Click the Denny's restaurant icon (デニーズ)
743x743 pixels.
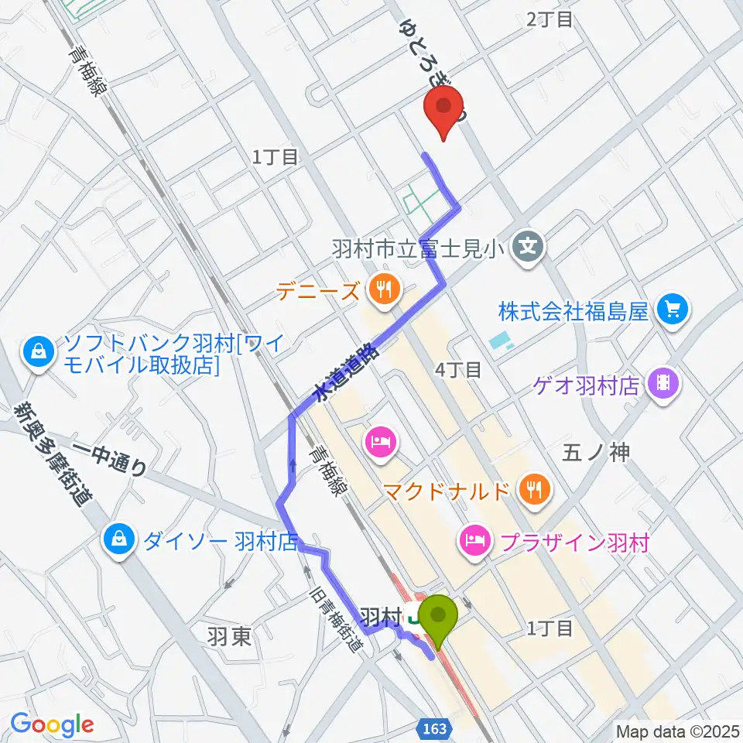pyautogui.click(x=382, y=291)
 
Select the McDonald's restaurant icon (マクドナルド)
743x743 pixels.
pyautogui.click(x=534, y=489)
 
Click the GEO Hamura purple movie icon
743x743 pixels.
pyautogui.click(x=663, y=382)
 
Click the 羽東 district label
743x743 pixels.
pyautogui.click(x=228, y=636)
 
